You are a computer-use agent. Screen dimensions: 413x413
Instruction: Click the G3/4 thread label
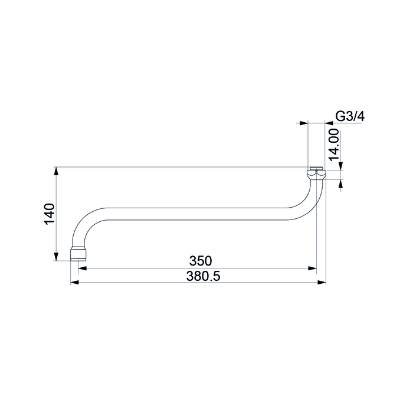(350, 116)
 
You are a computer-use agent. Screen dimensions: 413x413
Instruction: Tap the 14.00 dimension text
(334, 145)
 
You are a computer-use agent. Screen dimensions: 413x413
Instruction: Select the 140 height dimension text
(50, 214)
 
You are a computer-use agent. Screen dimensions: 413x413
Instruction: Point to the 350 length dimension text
(201, 261)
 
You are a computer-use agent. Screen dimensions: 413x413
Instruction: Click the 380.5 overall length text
(203, 276)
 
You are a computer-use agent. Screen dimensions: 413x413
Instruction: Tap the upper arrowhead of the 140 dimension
(56, 171)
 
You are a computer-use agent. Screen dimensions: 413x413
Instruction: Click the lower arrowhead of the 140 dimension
(56, 257)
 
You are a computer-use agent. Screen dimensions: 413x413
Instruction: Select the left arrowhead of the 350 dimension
(83, 268)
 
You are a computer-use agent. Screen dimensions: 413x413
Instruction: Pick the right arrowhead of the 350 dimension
(312, 268)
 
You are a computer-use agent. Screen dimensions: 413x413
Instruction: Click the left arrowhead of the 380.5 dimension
(75, 283)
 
